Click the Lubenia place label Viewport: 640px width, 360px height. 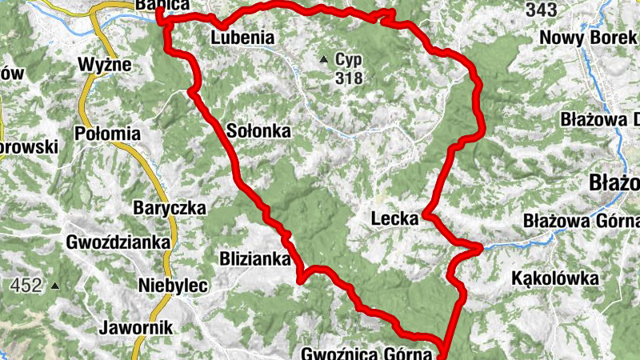tap(242, 38)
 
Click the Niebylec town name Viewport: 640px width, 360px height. tap(173, 286)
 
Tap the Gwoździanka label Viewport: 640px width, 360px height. tap(118, 242)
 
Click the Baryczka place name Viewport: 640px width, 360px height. tap(169, 208)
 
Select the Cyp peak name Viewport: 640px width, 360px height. tap(349, 60)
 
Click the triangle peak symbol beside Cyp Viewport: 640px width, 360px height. tap(324, 59)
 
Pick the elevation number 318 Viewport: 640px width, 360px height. tap(350, 78)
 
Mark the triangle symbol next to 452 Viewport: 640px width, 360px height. tap(54, 286)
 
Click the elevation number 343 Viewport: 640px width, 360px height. tap(542, 10)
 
